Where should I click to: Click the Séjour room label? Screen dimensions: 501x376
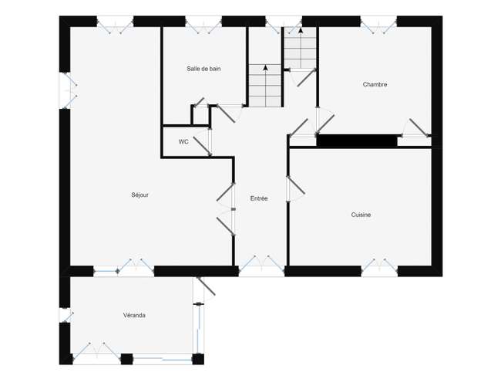pyautogui.click(x=140, y=195)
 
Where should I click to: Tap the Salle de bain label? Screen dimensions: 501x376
pyautogui.click(x=203, y=69)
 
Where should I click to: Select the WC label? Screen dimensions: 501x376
pyautogui.click(x=183, y=142)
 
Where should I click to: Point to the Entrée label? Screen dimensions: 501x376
pyautogui.click(x=259, y=198)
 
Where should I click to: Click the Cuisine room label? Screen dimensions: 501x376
pyautogui.click(x=361, y=215)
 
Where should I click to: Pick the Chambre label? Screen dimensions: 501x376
pyautogui.click(x=375, y=84)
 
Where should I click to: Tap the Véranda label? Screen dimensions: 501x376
pyautogui.click(x=134, y=315)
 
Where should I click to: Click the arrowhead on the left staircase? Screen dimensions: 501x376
pyautogui.click(x=265, y=67)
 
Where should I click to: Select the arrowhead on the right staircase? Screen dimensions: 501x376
pyautogui.click(x=301, y=30)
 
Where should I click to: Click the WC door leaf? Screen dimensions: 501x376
pyautogui.click(x=202, y=147)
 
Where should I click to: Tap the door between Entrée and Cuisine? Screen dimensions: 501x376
pyautogui.click(x=296, y=185)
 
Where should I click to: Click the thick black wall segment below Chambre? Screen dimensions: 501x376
pyautogui.click(x=357, y=141)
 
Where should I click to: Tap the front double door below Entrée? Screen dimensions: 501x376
pyautogui.click(x=262, y=266)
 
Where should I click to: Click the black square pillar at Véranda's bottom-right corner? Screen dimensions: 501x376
pyautogui.click(x=198, y=359)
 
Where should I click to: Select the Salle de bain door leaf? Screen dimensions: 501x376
pyautogui.click(x=226, y=113)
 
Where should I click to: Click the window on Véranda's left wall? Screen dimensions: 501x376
pyautogui.click(x=66, y=315)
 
